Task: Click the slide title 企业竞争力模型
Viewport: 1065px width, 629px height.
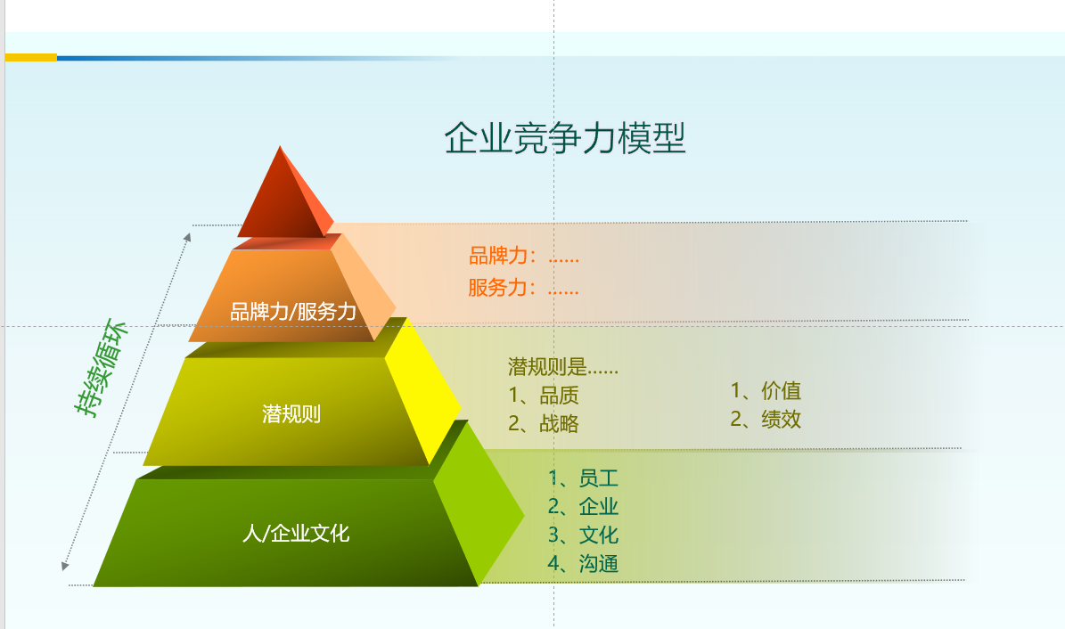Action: click(565, 138)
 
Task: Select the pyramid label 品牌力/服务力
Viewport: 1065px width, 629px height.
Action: click(293, 312)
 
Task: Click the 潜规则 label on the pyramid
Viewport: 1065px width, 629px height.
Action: click(291, 413)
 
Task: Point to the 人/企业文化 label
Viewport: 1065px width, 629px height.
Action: click(296, 533)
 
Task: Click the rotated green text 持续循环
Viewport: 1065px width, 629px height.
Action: click(102, 367)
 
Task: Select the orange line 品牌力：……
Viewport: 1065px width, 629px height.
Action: click(524, 256)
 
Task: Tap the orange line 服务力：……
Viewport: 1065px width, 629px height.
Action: click(524, 288)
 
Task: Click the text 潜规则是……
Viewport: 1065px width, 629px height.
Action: click(563, 367)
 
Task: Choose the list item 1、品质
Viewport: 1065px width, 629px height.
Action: click(544, 396)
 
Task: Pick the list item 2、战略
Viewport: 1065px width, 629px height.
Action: click(544, 424)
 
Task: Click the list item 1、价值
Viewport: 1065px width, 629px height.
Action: click(766, 390)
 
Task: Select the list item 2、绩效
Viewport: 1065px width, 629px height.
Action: click(766, 419)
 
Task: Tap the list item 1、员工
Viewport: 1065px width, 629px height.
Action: click(583, 478)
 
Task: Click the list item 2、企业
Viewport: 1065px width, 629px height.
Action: click(583, 507)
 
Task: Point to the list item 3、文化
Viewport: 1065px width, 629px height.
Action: click(583, 535)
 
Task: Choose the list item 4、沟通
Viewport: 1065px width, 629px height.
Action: click(583, 564)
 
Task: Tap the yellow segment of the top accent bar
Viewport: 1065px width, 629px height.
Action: click(31, 58)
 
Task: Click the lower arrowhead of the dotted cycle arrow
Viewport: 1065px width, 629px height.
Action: click(65, 566)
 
